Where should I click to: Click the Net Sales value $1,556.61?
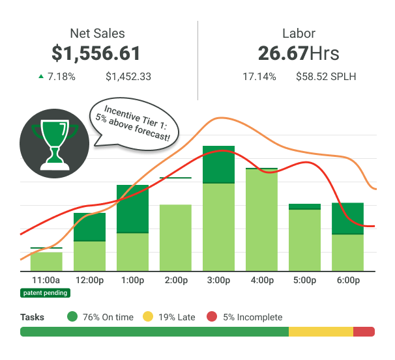96,53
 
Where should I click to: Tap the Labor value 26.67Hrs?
298,53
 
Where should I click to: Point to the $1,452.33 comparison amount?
128,77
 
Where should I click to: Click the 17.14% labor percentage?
259,77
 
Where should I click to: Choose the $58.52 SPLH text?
326,77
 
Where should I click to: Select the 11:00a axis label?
46,281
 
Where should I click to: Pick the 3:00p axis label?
218,281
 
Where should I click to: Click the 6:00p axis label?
348,281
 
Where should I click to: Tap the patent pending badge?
45,293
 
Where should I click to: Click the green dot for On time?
72,317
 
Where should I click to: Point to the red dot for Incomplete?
211,317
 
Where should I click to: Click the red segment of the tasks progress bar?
364,331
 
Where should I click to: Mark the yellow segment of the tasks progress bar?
321,331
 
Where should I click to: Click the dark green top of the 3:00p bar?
218,165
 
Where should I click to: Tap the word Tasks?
33,317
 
